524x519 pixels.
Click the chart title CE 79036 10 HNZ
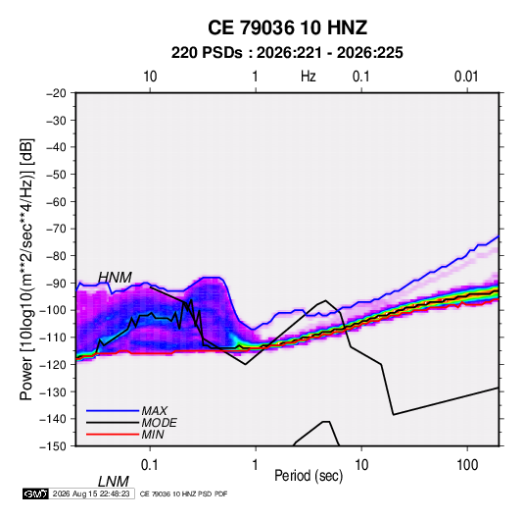click(x=287, y=27)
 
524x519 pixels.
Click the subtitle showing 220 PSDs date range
click(x=287, y=53)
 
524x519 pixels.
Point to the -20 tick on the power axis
click(x=56, y=93)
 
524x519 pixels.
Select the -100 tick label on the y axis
click(x=53, y=310)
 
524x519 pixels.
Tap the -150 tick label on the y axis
click(x=53, y=446)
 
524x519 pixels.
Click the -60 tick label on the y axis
click(x=56, y=201)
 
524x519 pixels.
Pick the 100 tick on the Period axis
click(x=467, y=465)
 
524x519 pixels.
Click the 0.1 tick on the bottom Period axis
click(x=150, y=465)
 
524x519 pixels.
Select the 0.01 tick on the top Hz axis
click(x=466, y=77)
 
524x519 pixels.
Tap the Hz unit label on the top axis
click(x=309, y=77)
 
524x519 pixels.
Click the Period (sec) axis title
click(x=309, y=476)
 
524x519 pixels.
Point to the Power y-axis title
click(x=26, y=269)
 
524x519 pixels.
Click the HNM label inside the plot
click(x=115, y=278)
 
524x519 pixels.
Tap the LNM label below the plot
click(x=113, y=482)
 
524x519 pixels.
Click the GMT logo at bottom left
click(x=35, y=493)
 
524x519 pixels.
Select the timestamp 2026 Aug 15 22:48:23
click(x=91, y=493)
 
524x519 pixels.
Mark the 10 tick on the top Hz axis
click(x=150, y=77)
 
